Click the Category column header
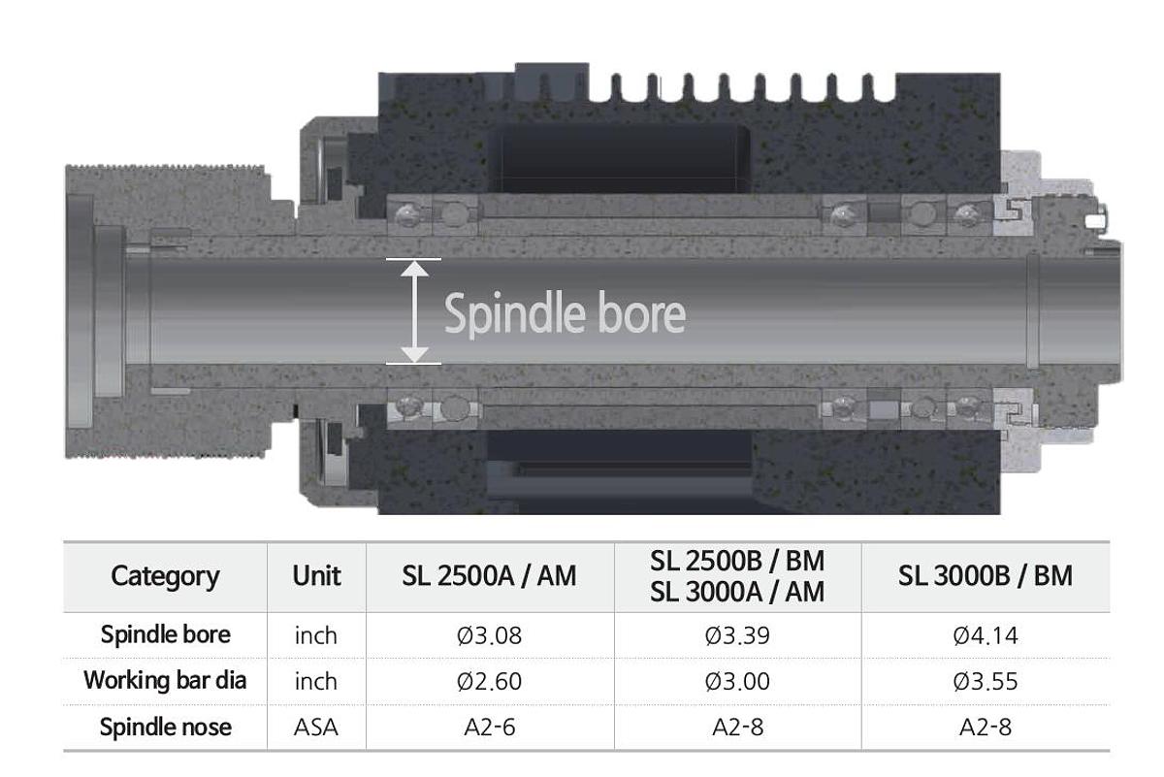(165, 576)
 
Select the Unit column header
(316, 576)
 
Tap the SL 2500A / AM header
(489, 576)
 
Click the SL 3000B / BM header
(986, 576)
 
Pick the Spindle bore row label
(165, 634)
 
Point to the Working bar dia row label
(165, 680)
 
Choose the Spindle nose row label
(165, 727)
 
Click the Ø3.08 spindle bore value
(489, 635)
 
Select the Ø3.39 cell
(737, 635)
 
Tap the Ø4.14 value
(986, 635)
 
